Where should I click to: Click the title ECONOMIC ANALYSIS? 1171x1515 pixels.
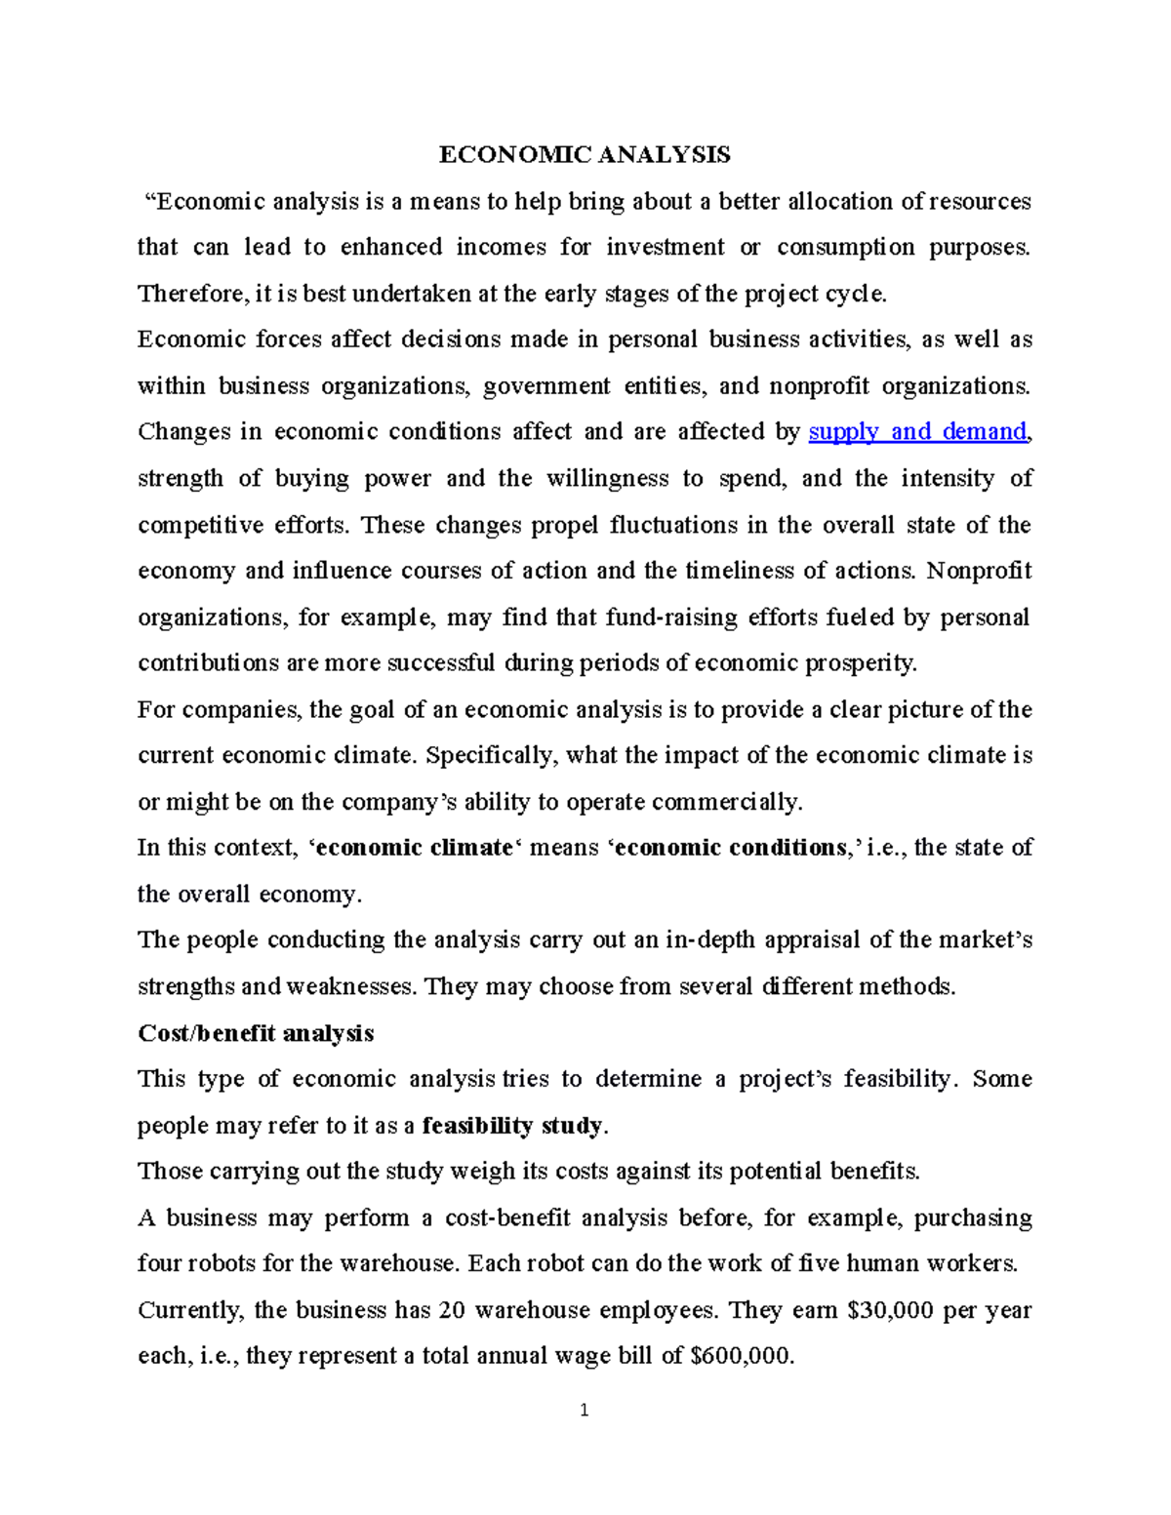click(x=584, y=155)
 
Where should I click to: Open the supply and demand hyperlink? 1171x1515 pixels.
click(x=918, y=432)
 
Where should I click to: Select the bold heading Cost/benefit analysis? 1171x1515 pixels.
click(x=256, y=1033)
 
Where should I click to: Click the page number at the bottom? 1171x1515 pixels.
click(x=585, y=1410)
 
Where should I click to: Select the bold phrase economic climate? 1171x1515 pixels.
click(x=415, y=848)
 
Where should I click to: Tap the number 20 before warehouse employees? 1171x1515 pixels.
click(x=452, y=1310)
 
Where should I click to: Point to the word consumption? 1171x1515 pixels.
click(x=846, y=248)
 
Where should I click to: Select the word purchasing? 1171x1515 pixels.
click(x=972, y=1218)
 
